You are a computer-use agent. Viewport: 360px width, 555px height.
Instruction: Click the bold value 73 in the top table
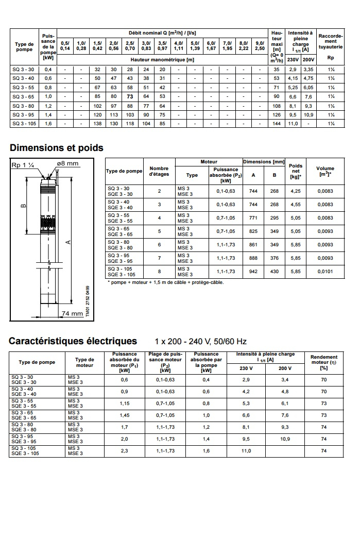click(x=130, y=96)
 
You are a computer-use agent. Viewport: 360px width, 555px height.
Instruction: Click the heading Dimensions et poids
click(x=57, y=148)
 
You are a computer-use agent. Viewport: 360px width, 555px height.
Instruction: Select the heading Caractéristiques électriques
click(x=73, y=341)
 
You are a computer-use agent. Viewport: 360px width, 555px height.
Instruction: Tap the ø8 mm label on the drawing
click(x=67, y=163)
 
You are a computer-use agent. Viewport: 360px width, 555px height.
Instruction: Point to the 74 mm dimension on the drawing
click(x=72, y=313)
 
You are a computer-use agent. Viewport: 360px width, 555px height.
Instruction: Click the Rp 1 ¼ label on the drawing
click(x=23, y=165)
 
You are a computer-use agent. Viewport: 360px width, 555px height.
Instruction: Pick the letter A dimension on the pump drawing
click(x=68, y=242)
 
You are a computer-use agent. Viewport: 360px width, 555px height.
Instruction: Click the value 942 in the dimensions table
click(x=253, y=272)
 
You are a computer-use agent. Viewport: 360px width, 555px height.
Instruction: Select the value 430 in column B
click(x=275, y=272)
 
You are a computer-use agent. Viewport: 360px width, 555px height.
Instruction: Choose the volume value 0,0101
click(x=325, y=272)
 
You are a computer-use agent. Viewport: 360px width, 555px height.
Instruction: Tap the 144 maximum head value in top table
click(x=277, y=124)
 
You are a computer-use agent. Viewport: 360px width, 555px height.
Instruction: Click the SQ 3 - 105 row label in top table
click(x=24, y=124)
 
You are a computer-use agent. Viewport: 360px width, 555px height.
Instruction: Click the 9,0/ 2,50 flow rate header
click(x=260, y=45)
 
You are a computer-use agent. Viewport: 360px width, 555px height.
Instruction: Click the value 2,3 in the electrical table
click(x=124, y=451)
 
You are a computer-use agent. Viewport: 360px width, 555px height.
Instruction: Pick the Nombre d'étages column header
click(x=159, y=171)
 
